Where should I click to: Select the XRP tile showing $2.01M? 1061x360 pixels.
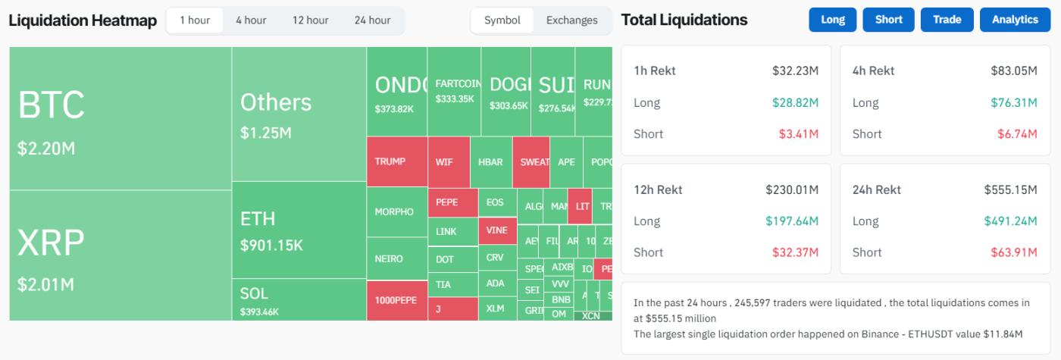click(120, 255)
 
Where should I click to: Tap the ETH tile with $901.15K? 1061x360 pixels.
click(299, 230)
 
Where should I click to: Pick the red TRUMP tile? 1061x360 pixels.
click(396, 161)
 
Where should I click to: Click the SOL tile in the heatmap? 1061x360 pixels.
click(299, 301)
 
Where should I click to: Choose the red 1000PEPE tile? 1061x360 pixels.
click(396, 300)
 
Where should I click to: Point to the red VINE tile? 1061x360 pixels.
click(496, 230)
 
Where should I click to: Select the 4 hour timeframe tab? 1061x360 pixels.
click(251, 20)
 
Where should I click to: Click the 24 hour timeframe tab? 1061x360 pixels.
click(372, 20)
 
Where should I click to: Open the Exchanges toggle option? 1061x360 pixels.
click(571, 20)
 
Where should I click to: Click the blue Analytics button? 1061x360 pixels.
click(1015, 20)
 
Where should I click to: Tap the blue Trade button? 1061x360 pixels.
click(947, 20)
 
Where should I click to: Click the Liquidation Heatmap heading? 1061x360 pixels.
click(83, 20)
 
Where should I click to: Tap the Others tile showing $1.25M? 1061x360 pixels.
click(299, 114)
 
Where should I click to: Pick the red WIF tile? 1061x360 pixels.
click(444, 161)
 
